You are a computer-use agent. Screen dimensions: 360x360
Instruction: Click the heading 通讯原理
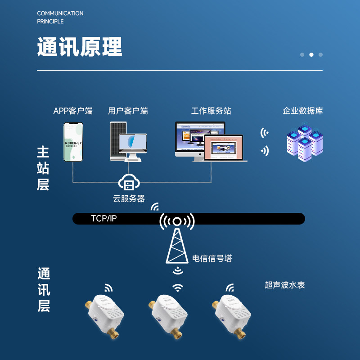pyautogui.click(x=79, y=47)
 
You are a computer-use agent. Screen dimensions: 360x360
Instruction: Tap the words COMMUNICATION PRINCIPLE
pyautogui.click(x=60, y=17)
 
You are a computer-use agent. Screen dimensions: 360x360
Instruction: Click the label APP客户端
pyautogui.click(x=73, y=111)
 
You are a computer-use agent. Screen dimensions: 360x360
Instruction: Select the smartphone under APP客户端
pyautogui.click(x=73, y=142)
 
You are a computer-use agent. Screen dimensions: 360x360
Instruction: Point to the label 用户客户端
pyautogui.click(x=128, y=111)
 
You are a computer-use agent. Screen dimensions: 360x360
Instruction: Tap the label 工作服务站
pyautogui.click(x=211, y=111)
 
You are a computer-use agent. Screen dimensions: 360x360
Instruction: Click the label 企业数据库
pyautogui.click(x=302, y=111)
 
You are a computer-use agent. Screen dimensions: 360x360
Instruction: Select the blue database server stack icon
pyautogui.click(x=305, y=142)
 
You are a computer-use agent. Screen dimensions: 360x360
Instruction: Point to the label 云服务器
pyautogui.click(x=129, y=198)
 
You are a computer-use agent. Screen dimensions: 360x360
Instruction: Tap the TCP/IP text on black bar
pyautogui.click(x=103, y=219)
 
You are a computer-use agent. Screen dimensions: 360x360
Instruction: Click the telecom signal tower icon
pyautogui.click(x=177, y=238)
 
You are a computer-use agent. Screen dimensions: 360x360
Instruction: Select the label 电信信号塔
pyautogui.click(x=212, y=258)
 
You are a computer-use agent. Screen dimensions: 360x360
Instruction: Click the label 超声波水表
pyautogui.click(x=285, y=285)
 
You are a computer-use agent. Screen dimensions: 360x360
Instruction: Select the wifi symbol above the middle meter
pyautogui.click(x=178, y=287)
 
